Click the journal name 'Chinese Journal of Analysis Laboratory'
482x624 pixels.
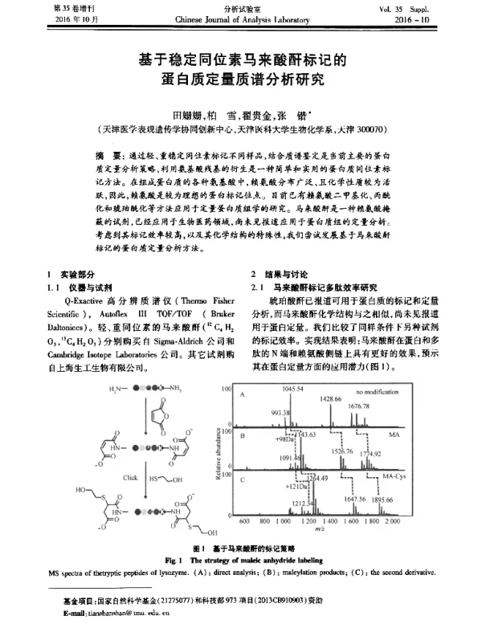coord(240,18)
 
